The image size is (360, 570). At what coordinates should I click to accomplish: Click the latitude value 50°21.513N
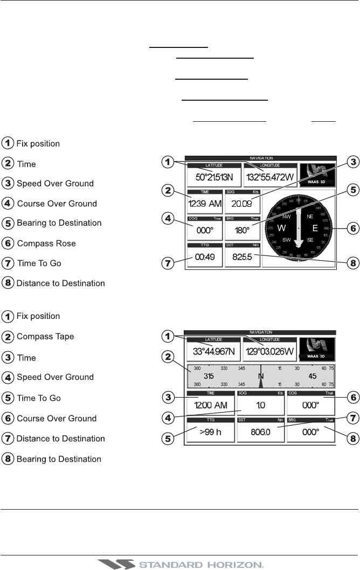coord(212,178)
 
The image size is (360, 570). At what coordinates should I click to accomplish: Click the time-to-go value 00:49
coord(205,257)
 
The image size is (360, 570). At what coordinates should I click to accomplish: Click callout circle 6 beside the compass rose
coord(351,228)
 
